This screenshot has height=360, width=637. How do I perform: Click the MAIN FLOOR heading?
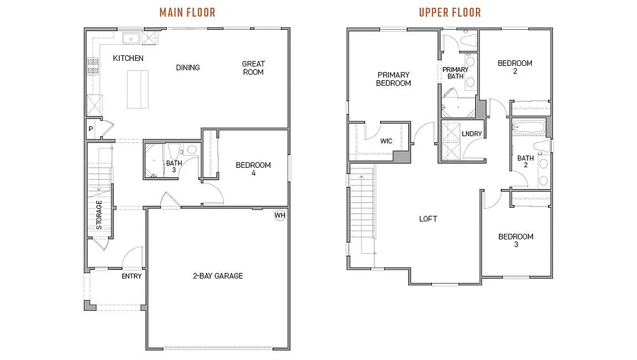[187, 12]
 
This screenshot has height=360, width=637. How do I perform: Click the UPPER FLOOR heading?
[450, 12]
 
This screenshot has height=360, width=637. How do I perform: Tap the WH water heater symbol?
[280, 216]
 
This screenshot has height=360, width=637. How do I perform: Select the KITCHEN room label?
[128, 58]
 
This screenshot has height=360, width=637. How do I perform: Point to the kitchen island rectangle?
[139, 88]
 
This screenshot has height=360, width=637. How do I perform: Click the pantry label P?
[91, 129]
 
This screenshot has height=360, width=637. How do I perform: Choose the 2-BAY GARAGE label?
[217, 276]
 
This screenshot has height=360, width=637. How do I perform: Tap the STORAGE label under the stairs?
[100, 215]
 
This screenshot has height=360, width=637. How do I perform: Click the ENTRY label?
[132, 277]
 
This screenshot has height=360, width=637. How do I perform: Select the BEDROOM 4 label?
[253, 169]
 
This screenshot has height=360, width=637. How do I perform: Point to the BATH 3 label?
[174, 167]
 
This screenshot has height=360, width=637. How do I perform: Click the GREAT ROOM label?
[253, 68]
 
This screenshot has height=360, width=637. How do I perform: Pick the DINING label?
[188, 68]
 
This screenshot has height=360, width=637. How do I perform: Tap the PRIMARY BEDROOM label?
[394, 79]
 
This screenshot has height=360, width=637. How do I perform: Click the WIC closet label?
[386, 141]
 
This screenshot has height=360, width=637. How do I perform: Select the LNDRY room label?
[471, 134]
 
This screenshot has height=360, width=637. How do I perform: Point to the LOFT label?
[428, 219]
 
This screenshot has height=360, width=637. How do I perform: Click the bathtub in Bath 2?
[529, 129]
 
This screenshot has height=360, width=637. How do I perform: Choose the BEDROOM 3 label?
[516, 241]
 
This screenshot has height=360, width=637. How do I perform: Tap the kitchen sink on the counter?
[131, 39]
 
